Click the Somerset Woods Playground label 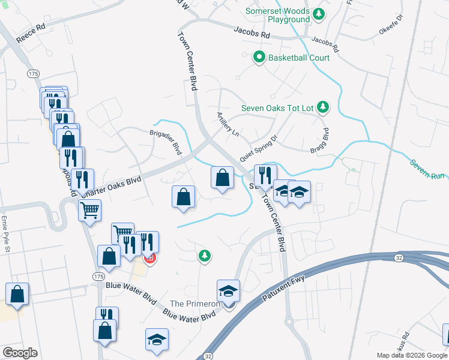(280, 16)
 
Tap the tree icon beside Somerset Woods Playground (320, 13)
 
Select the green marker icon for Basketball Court (259, 58)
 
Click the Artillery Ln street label (228, 124)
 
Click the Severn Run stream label (428, 169)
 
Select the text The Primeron (196, 304)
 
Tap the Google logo (20, 352)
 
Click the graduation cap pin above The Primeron (228, 292)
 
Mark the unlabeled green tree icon (205, 256)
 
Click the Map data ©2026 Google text (412, 355)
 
